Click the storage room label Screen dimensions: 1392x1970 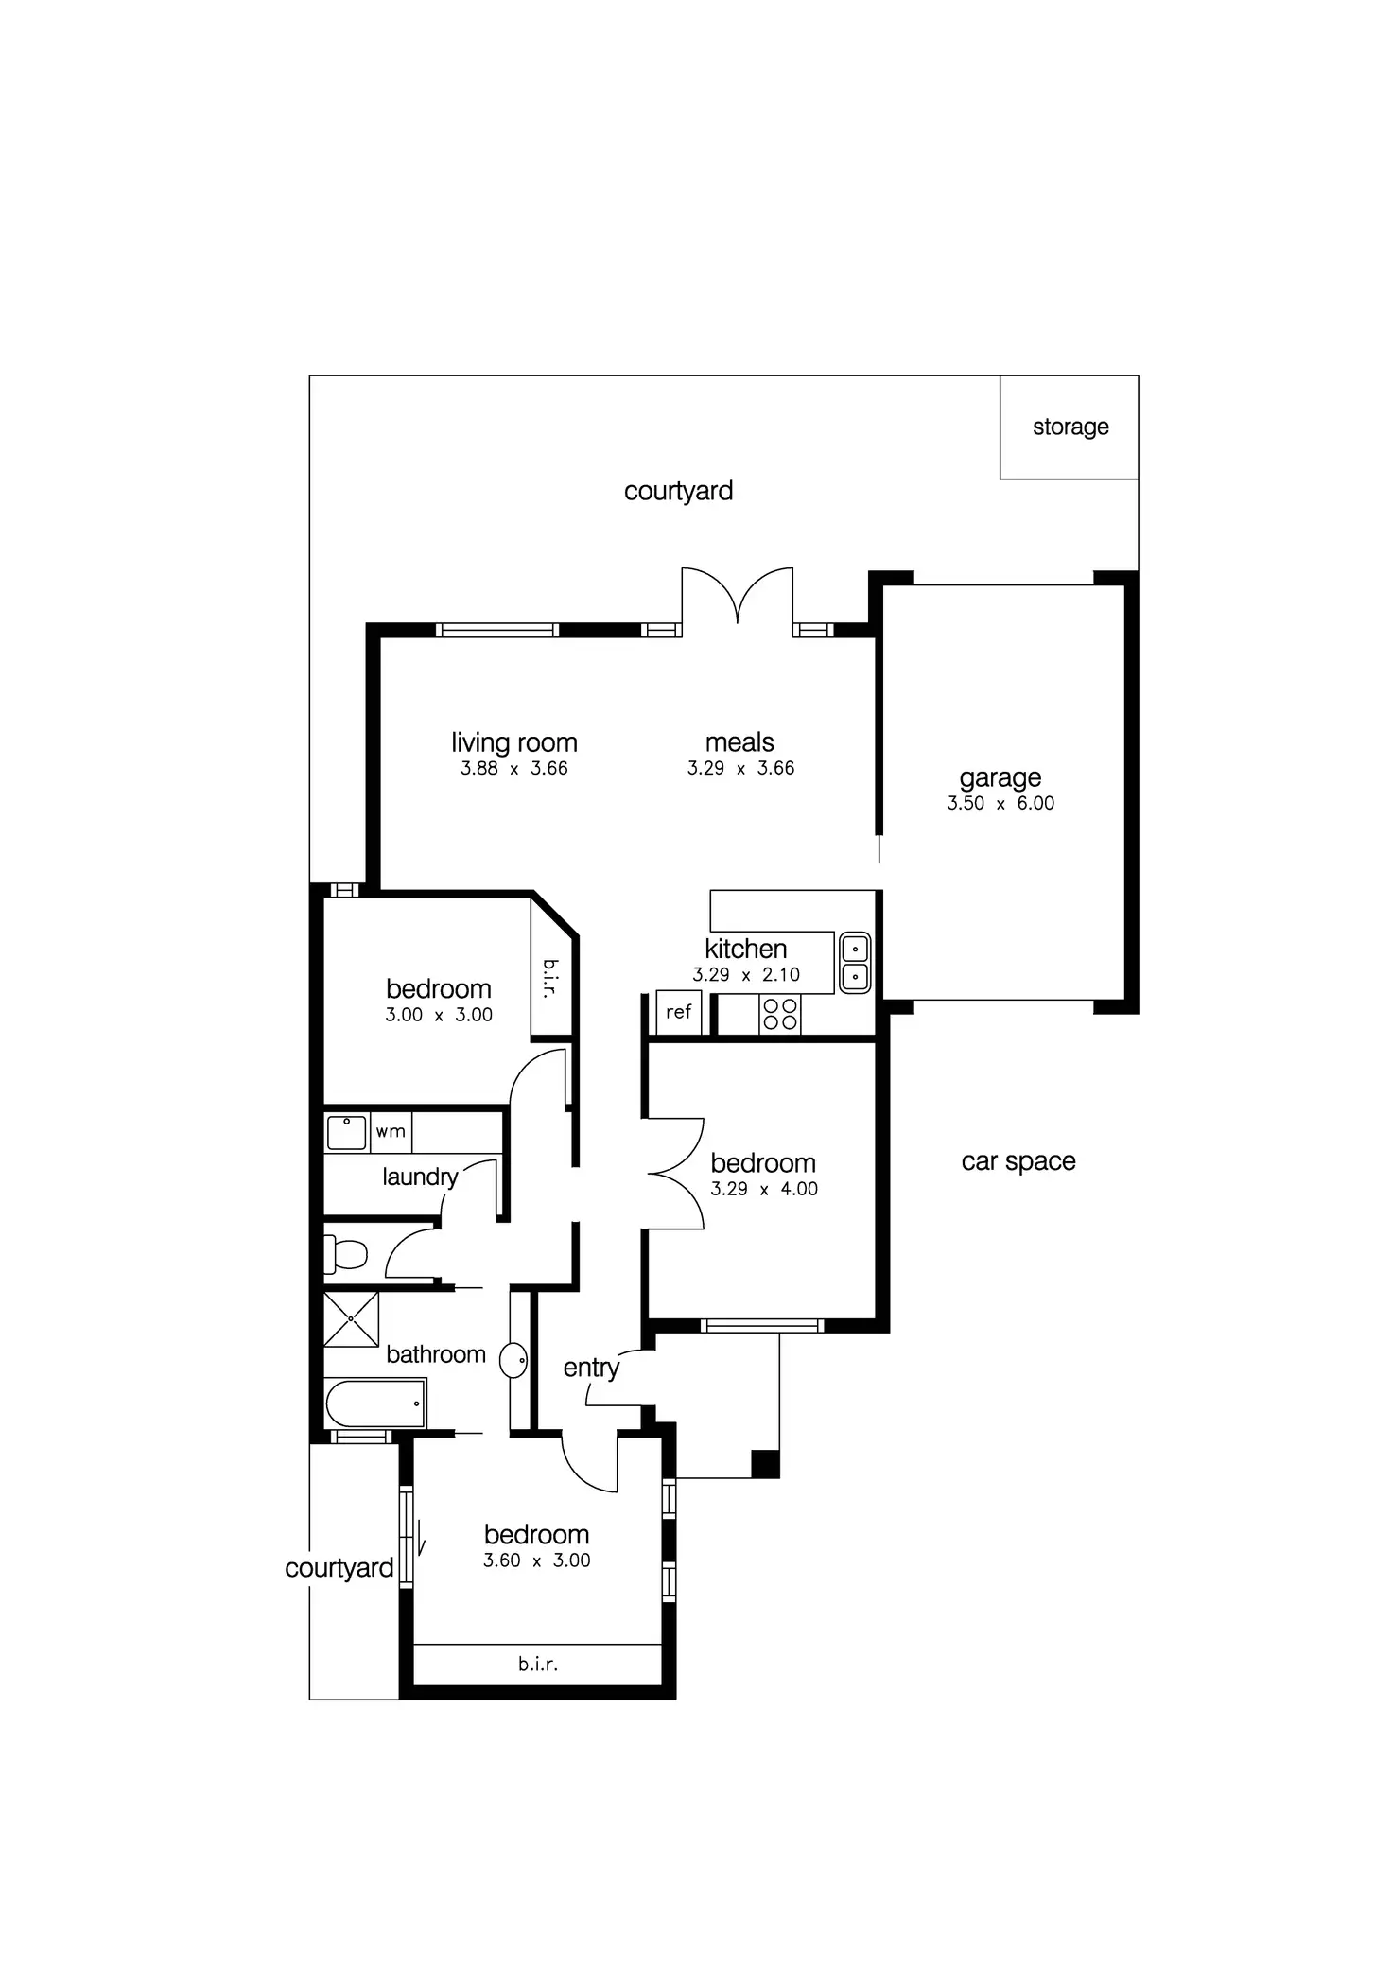coord(1070,427)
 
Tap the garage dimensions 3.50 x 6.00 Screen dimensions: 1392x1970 coord(1000,803)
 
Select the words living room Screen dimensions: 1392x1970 coord(513,742)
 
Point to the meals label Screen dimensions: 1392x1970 coord(739,742)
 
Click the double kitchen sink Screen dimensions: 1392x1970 coord(855,962)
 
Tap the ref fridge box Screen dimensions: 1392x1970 coord(678,1012)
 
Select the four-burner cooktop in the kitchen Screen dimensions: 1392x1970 coord(780,1014)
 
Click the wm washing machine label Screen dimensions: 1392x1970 coord(391,1131)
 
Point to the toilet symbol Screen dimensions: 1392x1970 coord(346,1255)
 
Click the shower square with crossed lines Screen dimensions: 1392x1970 coord(351,1318)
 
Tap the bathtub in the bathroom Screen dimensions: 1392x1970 coord(375,1403)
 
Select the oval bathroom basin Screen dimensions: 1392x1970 coord(513,1360)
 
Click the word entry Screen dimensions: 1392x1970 coord(591,1368)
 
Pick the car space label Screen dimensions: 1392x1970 coord(1018,1161)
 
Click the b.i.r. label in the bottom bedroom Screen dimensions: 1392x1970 coord(538,1664)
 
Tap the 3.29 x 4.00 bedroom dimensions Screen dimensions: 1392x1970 coord(764,1189)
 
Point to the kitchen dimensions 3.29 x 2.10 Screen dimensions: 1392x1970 coord(746,974)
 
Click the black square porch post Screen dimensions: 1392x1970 coord(765,1463)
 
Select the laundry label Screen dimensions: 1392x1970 coord(420,1177)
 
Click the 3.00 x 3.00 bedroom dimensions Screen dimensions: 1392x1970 coord(439,1015)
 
